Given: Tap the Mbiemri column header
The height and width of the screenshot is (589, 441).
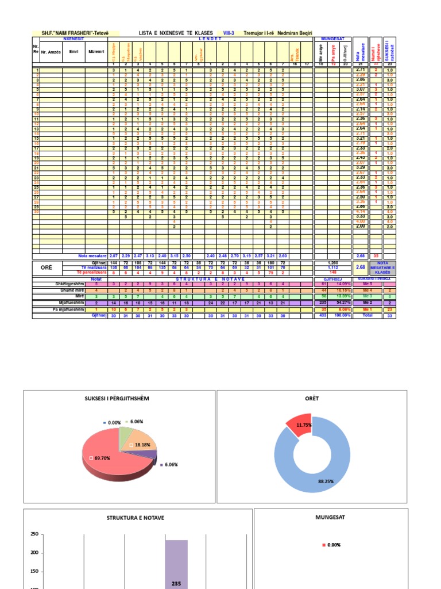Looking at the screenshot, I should coord(93,51).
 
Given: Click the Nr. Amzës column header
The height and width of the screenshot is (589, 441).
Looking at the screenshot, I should coord(51,51).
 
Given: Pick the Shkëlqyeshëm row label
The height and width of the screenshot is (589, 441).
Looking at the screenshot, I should coord(70,284).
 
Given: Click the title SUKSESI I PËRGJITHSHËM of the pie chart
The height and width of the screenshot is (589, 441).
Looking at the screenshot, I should coord(117,399).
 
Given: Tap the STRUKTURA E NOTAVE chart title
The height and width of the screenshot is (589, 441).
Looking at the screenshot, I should coord(136,518).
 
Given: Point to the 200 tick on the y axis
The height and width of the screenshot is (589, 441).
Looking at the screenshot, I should coord(34,553).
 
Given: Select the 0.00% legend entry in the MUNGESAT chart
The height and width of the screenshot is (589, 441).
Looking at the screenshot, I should coord(334,545).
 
